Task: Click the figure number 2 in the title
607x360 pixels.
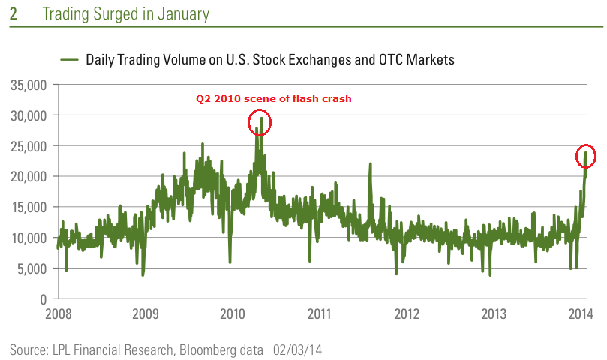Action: click(13, 14)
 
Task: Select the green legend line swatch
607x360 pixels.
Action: click(70, 59)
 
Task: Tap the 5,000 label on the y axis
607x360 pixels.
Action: click(32, 268)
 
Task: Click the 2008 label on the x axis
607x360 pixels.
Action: click(59, 313)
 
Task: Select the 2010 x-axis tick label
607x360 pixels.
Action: click(233, 313)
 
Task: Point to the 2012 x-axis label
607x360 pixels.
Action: click(407, 313)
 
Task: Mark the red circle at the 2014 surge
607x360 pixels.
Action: click(586, 155)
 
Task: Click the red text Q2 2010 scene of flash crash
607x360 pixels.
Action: click(273, 98)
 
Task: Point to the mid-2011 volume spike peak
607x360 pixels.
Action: click(370, 164)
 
